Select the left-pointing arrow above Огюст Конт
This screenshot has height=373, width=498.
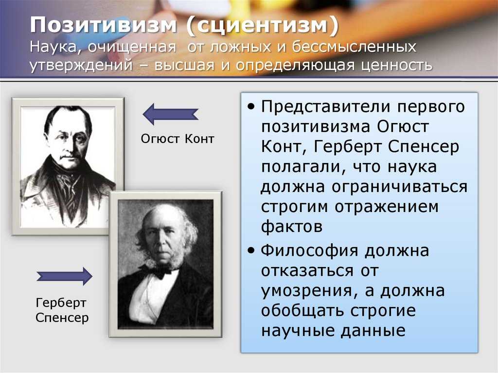pyautogui.click(x=170, y=114)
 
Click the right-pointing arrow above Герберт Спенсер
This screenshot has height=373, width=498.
pyautogui.click(x=65, y=276)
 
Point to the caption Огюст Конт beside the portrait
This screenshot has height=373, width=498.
pyautogui.click(x=177, y=139)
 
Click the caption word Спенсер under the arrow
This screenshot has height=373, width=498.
pyautogui.click(x=62, y=319)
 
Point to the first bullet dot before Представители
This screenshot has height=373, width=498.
pyautogui.click(x=250, y=107)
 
